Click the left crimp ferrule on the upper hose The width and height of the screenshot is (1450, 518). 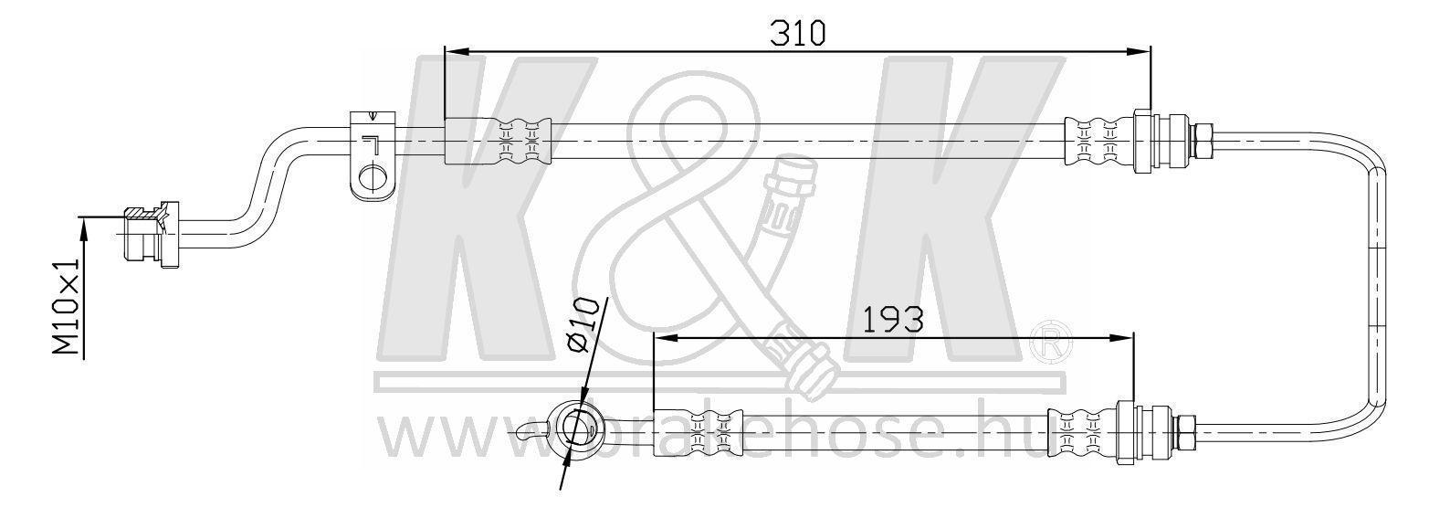coord(499,142)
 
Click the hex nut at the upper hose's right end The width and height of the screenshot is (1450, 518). coord(1202,141)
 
